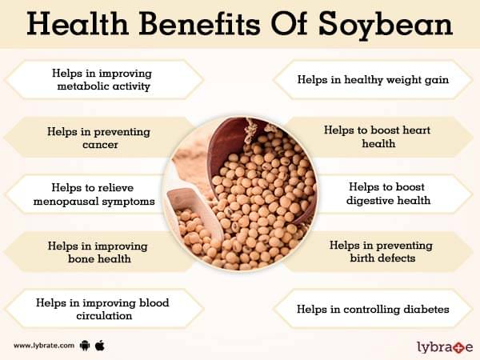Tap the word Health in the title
[77, 23]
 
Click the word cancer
[100, 145]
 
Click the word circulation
[104, 316]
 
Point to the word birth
[362, 258]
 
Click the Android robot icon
[85, 346]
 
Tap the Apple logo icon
[100, 346]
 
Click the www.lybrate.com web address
[44, 346]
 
